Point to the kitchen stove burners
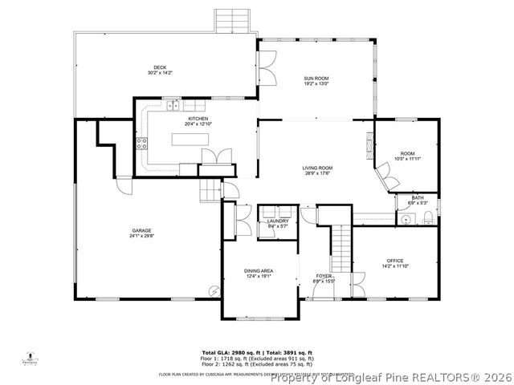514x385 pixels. point(142,144)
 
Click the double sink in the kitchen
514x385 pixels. point(173,103)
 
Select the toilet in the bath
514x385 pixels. point(427,218)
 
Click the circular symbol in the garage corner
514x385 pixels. point(214,291)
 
